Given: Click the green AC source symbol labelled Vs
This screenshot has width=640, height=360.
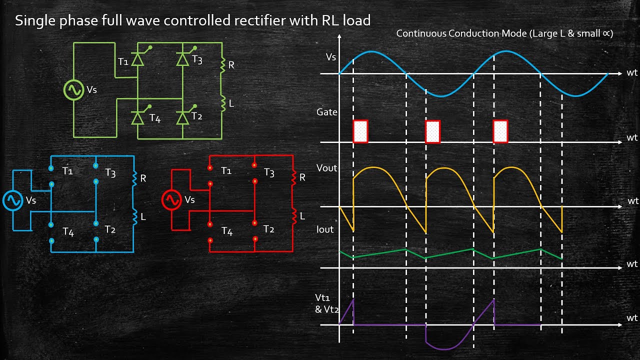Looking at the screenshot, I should tap(73, 90).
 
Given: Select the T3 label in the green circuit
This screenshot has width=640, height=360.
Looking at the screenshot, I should tap(197, 60).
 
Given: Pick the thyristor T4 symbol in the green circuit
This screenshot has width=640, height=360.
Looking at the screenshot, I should tap(137, 118).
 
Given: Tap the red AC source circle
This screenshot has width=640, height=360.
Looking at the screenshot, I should tap(171, 200).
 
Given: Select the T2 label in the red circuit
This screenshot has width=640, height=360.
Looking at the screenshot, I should tap(269, 229).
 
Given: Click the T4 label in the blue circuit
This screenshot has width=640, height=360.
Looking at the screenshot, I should tap(68, 231).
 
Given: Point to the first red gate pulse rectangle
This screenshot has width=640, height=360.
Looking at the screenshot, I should tap(360, 131).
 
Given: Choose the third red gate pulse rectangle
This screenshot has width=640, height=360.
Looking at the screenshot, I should tap(500, 131).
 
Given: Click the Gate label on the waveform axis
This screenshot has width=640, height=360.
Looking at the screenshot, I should tap(327, 112).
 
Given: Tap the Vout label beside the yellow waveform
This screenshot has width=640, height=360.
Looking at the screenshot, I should tap(327, 168).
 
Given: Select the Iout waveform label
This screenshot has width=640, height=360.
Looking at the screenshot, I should tap(325, 229).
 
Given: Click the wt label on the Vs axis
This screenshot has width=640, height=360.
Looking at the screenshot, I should tap(632, 73).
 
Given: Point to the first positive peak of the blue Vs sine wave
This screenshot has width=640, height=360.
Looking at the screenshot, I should tap(370, 51).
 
